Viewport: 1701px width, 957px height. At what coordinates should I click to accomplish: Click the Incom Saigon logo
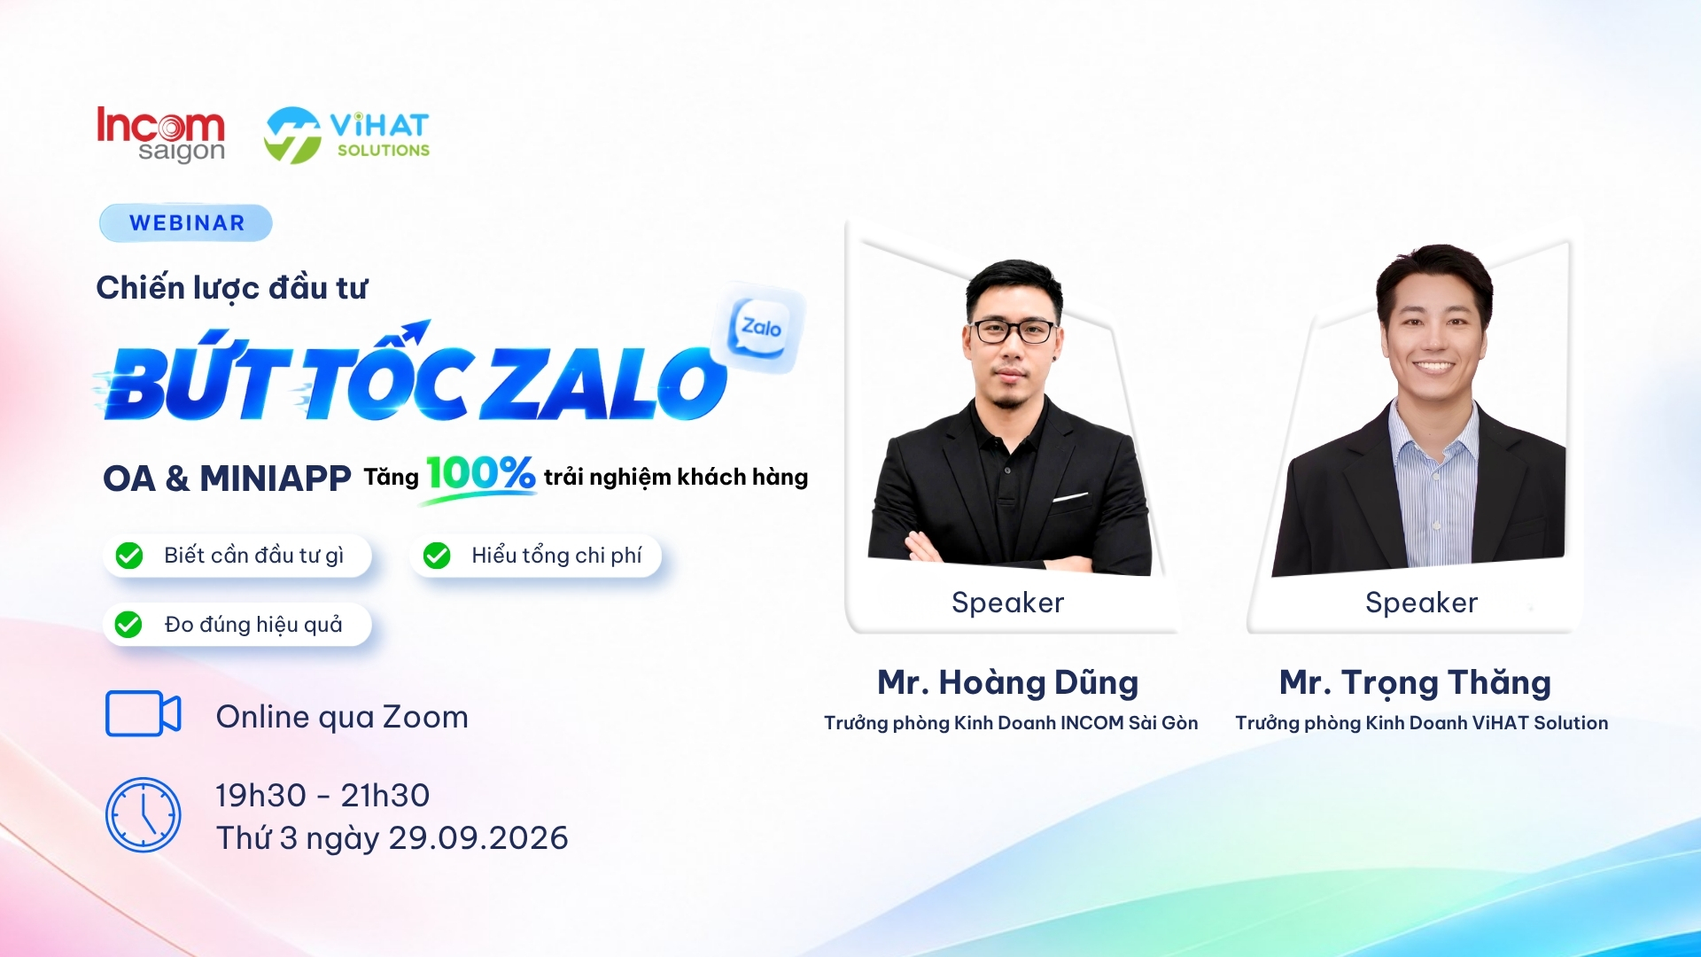pos(160,135)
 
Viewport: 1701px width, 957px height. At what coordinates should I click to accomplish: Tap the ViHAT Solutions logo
pos(346,136)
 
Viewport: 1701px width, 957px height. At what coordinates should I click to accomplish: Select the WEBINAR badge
pos(186,222)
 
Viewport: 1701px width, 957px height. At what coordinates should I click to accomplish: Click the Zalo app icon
pos(760,328)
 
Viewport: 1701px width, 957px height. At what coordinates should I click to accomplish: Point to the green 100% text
pos(481,473)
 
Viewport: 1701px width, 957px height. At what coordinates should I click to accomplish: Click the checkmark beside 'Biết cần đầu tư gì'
pos(129,556)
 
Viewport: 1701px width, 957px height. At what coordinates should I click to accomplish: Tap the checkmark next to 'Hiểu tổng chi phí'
pos(437,556)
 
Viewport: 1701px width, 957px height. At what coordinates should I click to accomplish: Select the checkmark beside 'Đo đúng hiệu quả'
pos(128,625)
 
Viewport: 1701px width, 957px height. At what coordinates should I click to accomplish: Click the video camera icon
pos(144,713)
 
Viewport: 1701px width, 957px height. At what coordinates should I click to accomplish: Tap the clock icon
pos(144,815)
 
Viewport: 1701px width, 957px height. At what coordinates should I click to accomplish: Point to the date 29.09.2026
pos(478,838)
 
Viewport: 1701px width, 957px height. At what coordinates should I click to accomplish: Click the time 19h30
pos(261,796)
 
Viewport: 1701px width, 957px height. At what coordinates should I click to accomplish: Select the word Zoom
pos(425,717)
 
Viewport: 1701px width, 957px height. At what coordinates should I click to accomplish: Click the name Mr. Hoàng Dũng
pos(1008,682)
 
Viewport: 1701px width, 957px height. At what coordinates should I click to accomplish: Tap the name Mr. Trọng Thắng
pos(1416,682)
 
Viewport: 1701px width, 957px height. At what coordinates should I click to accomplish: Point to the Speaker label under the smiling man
pos(1422,603)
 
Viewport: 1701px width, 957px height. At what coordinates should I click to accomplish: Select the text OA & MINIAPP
pos(227,478)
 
